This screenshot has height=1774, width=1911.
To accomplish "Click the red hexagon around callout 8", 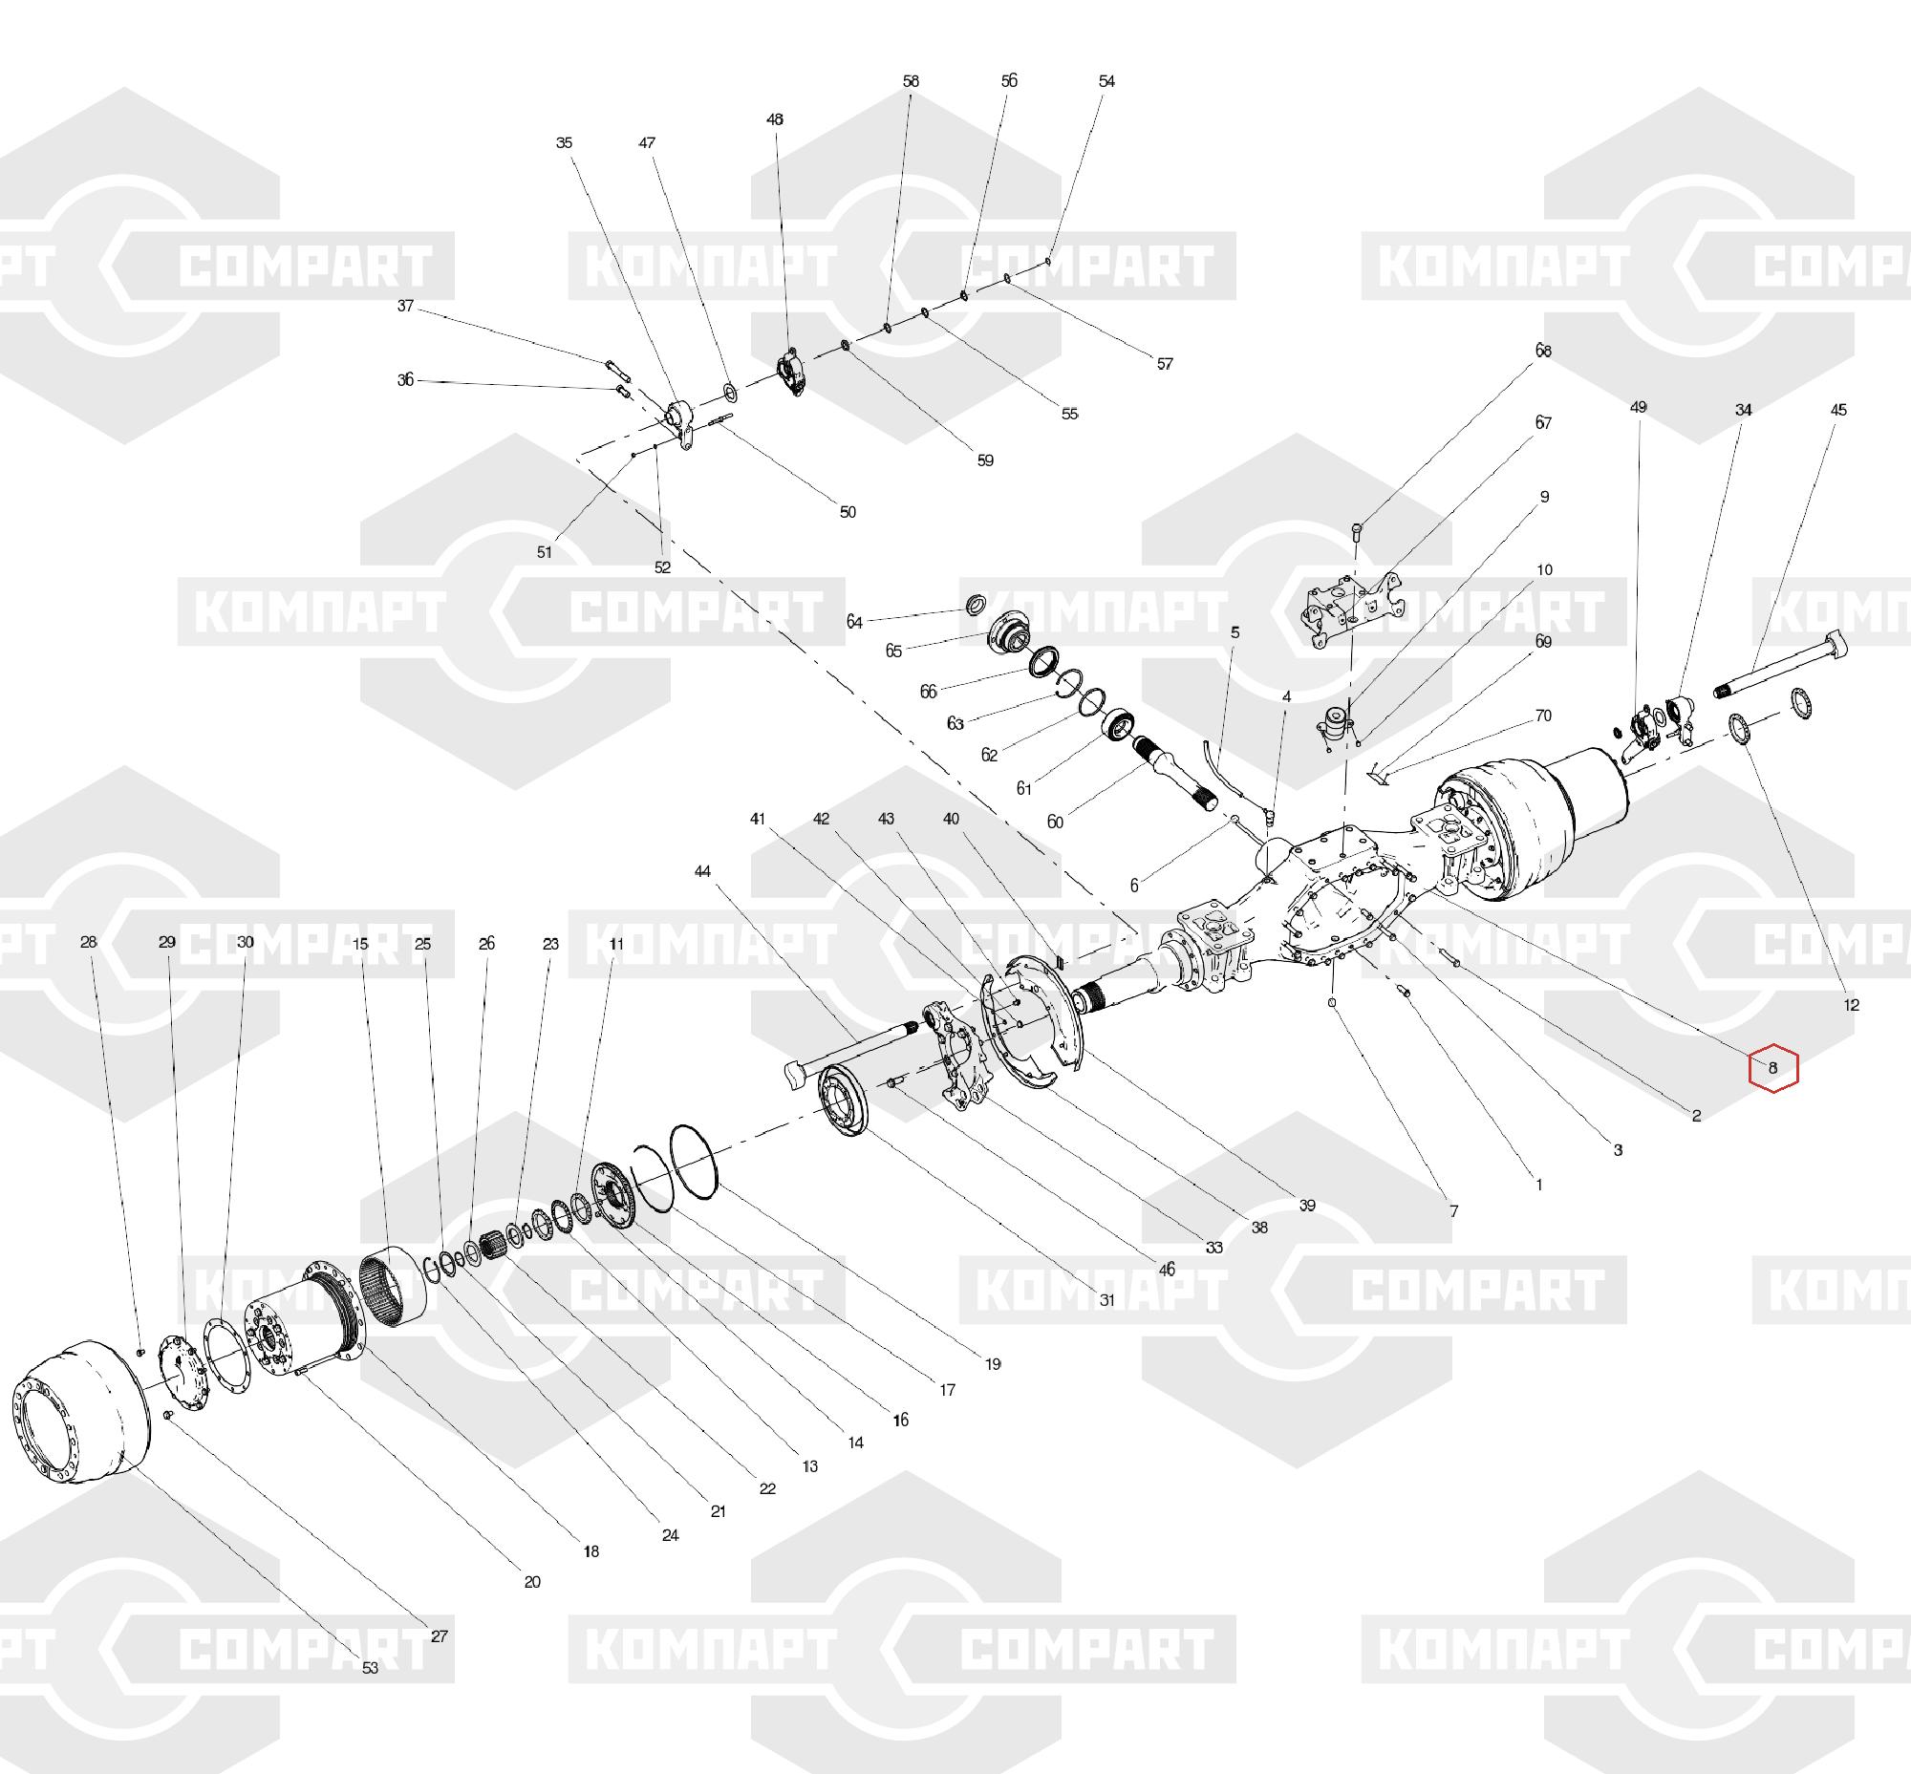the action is point(1772,1067).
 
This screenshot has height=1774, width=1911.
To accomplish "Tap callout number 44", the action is point(703,871).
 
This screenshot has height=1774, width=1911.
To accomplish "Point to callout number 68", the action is point(1543,352).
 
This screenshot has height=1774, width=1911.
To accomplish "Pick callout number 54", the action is point(1107,81).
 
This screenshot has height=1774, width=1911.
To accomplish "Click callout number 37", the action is point(405,307).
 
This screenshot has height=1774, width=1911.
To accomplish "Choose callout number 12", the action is point(1852,1005).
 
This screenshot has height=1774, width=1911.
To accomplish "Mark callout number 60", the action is point(1056,822).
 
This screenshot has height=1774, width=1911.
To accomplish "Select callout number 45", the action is point(1838,410).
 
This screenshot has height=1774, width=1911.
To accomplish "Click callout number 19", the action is point(993,1363).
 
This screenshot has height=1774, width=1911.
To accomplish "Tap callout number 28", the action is point(88,943).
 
